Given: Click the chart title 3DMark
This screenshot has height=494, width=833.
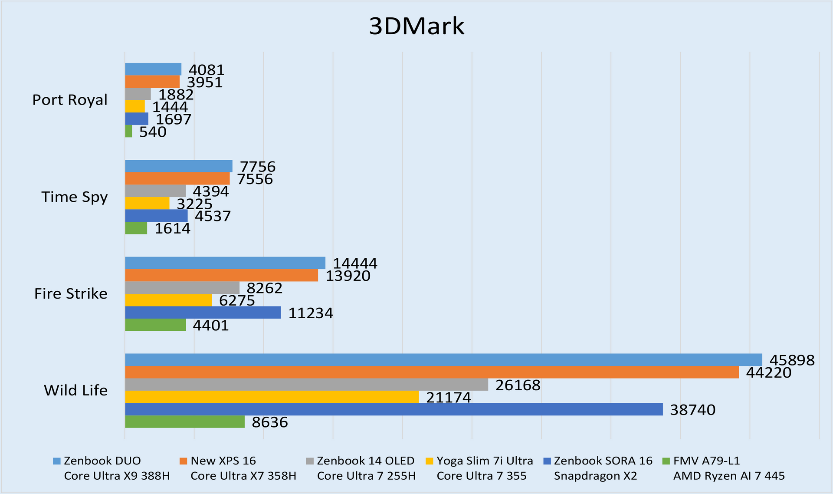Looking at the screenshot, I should point(416,27).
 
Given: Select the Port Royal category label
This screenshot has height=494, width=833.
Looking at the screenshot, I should point(70,100).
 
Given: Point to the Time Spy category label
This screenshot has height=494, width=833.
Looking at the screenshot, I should point(74,197).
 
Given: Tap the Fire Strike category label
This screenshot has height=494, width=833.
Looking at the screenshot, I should point(71,294).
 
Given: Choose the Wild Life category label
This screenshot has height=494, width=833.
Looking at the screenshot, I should point(75,390).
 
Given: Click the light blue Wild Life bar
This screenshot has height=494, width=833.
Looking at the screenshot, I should point(443,360).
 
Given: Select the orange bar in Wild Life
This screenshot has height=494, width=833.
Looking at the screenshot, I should point(432,372).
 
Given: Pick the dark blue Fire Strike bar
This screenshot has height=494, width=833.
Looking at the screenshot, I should point(203,313).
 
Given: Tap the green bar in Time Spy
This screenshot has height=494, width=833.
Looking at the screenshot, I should point(136,228).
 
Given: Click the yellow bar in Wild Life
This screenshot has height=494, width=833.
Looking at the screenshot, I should point(272,397).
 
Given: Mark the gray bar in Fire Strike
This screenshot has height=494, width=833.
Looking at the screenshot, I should point(182,287).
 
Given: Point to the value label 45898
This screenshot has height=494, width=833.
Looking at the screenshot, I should point(792,360).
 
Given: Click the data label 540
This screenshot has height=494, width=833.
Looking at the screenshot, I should point(153,132).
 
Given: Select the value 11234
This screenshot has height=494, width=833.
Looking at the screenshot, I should point(311,313).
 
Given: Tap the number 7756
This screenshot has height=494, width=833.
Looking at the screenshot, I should point(258,167).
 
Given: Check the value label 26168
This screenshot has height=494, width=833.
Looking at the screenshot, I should point(518,385).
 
